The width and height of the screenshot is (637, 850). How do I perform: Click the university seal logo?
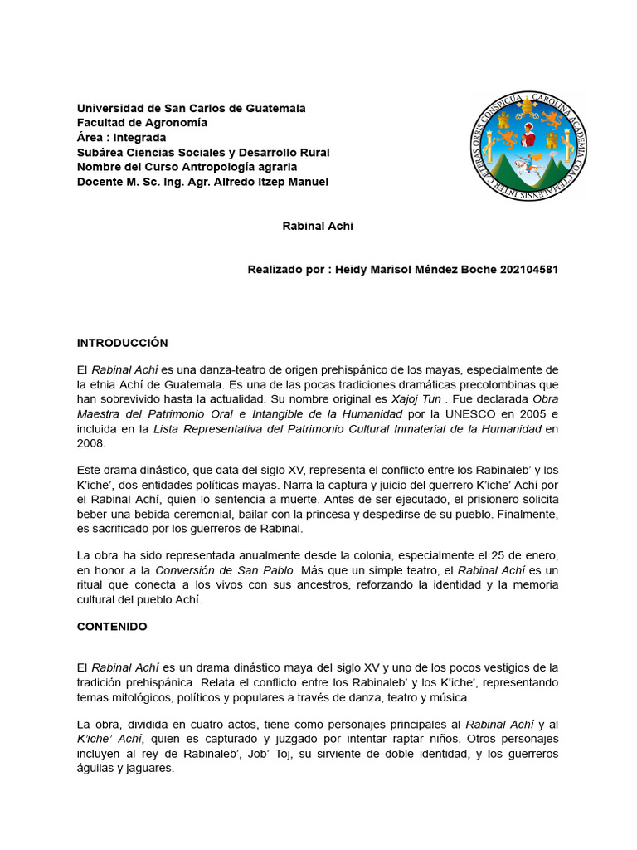point(529,146)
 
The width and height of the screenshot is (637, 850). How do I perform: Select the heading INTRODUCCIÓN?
point(123,343)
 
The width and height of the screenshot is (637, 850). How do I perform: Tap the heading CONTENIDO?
point(112,627)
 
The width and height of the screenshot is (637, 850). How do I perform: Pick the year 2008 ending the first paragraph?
point(90,443)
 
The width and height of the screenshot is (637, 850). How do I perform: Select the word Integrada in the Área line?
point(139,138)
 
